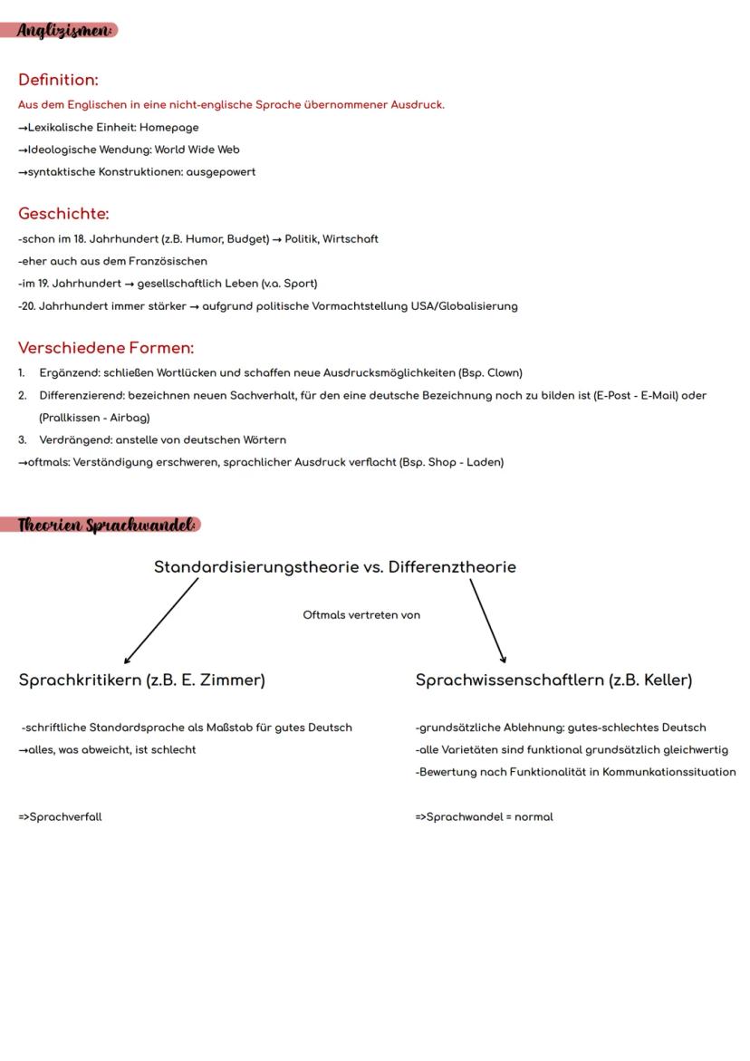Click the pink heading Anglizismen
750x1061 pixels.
[65, 30]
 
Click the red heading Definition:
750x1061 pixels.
[58, 80]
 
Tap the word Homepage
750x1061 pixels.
[168, 128]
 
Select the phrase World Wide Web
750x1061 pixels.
[197, 150]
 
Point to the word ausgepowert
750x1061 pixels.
[221, 172]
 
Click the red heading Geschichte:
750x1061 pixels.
[63, 214]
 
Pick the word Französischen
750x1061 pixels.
[168, 261]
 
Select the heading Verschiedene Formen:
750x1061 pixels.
[106, 348]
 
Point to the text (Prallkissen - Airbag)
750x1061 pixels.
[94, 418]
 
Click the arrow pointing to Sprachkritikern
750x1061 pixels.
[161, 622]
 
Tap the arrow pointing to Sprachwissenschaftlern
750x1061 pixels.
[487, 622]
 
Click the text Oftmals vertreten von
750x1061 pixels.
[361, 615]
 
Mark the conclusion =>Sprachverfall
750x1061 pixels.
[60, 816]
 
